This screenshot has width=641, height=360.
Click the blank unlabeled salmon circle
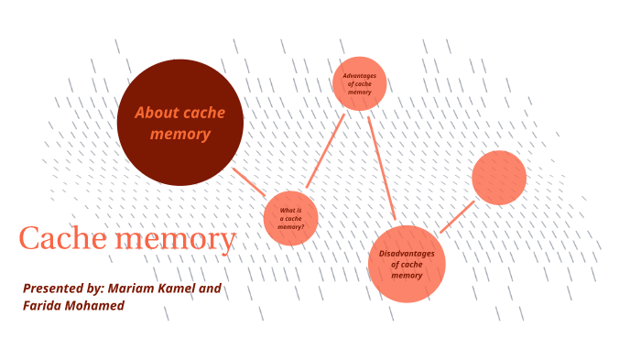499,178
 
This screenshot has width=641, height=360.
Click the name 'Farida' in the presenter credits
44,305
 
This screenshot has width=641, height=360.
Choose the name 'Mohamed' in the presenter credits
96,305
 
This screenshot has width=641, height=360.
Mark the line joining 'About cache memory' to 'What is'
248,180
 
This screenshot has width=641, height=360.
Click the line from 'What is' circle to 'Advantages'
325,150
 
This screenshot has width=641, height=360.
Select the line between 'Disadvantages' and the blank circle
457,216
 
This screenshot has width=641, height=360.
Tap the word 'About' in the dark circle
156,113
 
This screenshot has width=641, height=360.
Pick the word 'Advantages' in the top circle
359,76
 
